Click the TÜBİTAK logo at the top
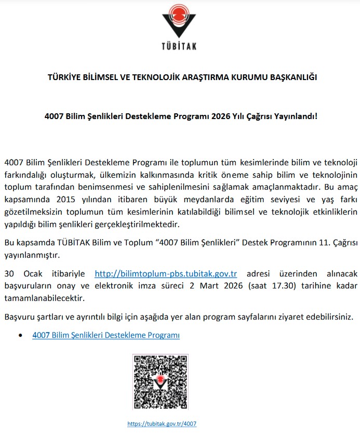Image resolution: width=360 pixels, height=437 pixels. [x=179, y=29]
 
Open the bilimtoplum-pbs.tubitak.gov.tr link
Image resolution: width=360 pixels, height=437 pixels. [x=166, y=274]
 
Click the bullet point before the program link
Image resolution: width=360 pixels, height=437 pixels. [x=20, y=336]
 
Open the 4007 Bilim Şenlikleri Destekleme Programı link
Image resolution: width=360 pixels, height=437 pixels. [x=106, y=336]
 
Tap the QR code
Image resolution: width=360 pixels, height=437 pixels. [x=160, y=382]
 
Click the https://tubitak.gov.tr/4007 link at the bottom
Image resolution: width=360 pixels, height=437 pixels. [x=162, y=423]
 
